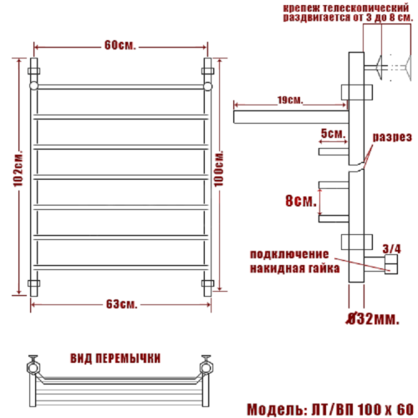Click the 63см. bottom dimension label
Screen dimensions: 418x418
click(120, 302)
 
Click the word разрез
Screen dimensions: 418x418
click(390, 136)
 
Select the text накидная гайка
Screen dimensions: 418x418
click(293, 269)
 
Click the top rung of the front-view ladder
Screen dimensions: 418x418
click(120, 85)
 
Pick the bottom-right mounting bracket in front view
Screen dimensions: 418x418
click(208, 284)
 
